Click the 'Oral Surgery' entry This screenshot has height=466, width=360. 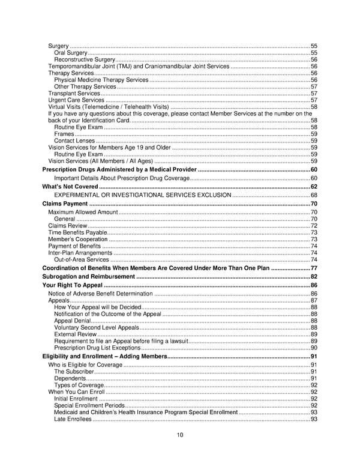click(71, 53)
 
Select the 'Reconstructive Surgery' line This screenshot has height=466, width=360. click(84, 60)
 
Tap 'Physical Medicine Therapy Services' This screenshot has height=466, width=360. click(101, 80)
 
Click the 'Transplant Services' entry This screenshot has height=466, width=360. click(74, 94)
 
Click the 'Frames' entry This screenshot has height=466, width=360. click(64, 134)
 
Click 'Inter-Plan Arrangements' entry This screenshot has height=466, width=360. click(80, 253)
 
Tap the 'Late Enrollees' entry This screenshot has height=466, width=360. click(73, 419)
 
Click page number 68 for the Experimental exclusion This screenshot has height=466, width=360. click(314, 196)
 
